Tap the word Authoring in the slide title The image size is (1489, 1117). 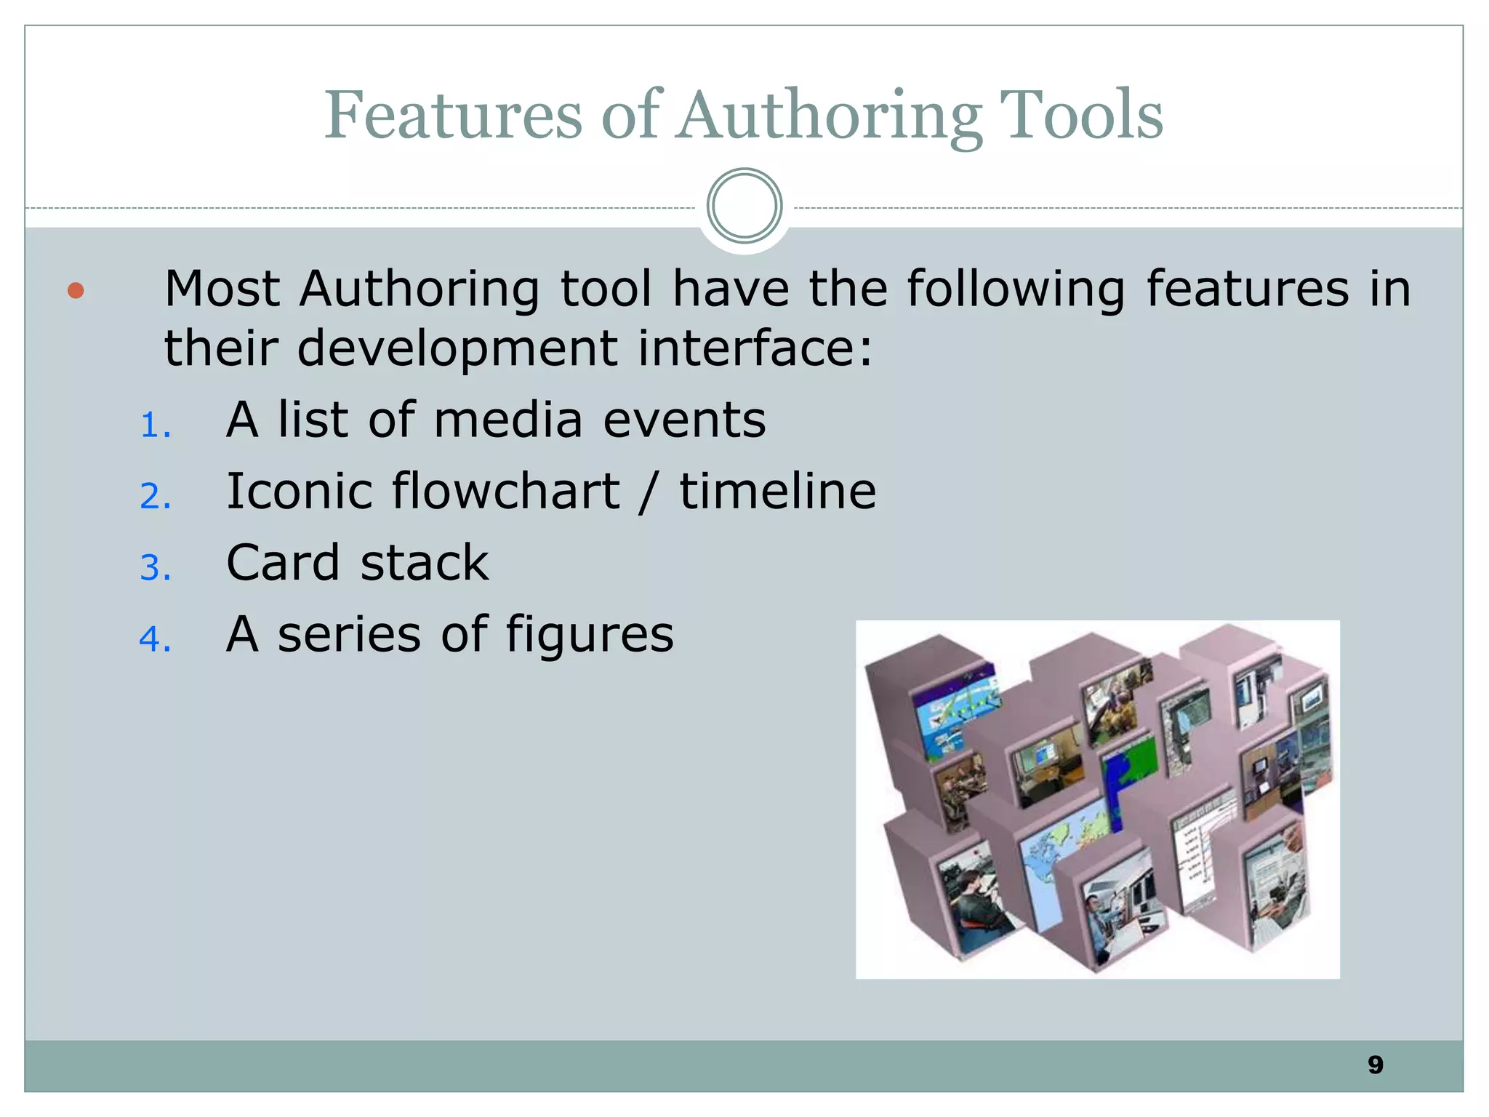point(830,116)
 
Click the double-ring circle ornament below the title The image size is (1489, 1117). point(744,206)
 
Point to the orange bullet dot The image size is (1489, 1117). point(76,291)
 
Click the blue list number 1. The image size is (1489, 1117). point(155,425)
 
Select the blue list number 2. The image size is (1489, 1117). point(155,497)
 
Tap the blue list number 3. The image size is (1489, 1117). point(155,568)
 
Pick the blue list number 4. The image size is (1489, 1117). point(155,639)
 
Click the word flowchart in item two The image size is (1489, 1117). point(506,491)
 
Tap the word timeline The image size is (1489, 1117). point(777,491)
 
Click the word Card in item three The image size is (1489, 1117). point(283,562)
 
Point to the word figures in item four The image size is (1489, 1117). point(590,635)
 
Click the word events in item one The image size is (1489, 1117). point(684,420)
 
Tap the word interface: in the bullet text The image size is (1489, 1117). point(755,348)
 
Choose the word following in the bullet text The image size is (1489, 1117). point(1016,289)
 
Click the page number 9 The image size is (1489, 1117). point(1375,1065)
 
